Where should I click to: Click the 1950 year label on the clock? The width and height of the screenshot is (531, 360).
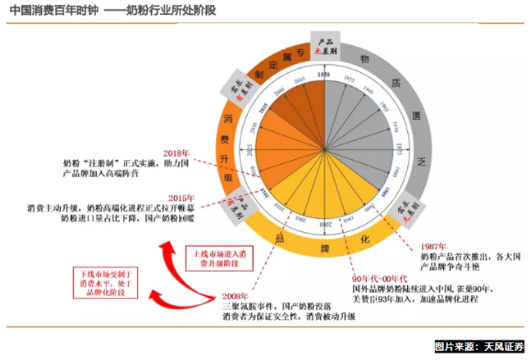[x=325, y=75]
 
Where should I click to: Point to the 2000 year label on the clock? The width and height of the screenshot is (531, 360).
[x=325, y=222]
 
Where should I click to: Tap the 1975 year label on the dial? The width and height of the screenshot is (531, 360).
[x=399, y=148]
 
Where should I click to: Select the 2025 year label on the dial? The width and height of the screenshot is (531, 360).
[x=251, y=148]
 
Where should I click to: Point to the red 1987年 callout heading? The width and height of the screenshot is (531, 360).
[x=433, y=247]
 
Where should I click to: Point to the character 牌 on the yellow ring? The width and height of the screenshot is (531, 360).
[x=325, y=247]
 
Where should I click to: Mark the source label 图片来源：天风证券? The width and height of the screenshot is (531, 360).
[x=479, y=348]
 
